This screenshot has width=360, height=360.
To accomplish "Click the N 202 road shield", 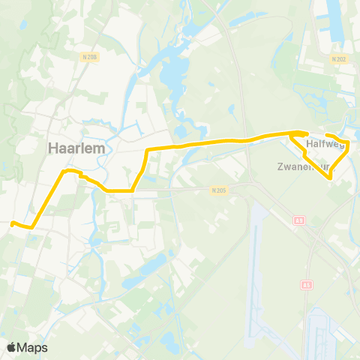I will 338,58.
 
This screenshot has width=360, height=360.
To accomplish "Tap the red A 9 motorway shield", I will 299,220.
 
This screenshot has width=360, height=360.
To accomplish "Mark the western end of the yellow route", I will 12,222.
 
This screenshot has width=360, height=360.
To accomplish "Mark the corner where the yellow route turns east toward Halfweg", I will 148,151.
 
